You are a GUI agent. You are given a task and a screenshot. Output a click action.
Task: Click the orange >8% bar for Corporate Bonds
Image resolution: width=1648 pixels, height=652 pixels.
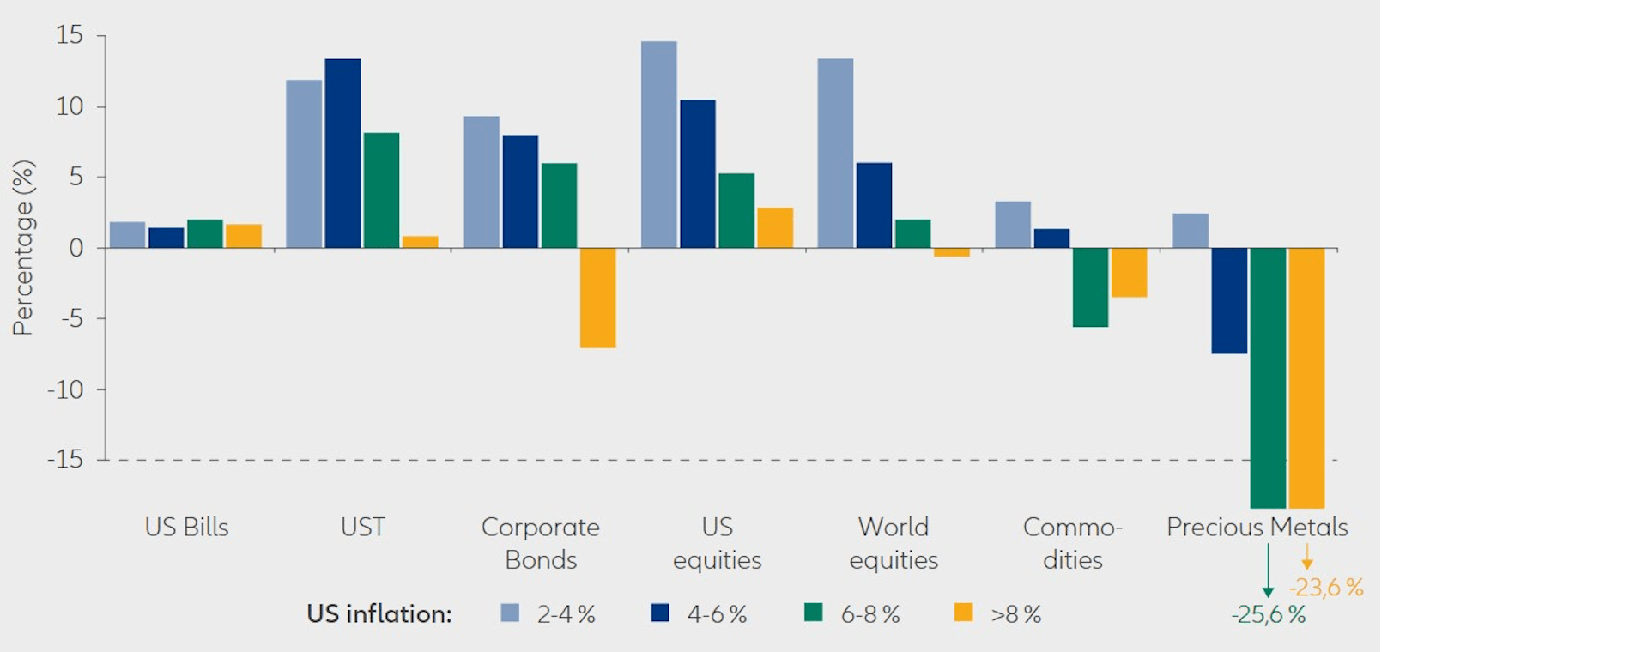click(x=597, y=298)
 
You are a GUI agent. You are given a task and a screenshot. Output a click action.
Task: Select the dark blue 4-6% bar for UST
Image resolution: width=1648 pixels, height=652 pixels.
click(x=342, y=154)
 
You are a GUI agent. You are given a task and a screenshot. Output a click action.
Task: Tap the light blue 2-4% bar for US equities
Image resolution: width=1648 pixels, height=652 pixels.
click(x=658, y=145)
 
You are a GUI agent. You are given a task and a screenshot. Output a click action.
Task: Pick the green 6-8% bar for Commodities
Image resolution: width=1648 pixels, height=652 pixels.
click(x=1090, y=287)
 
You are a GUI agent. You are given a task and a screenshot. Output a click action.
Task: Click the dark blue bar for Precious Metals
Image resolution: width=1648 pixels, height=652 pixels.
click(x=1229, y=300)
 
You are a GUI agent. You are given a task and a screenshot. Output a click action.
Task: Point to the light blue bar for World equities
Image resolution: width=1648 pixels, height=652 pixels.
click(x=835, y=154)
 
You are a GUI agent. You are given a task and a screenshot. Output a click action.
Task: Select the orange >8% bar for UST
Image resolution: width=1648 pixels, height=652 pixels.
click(x=420, y=242)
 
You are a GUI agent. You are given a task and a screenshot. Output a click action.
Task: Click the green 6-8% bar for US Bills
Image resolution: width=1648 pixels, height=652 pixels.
click(x=205, y=234)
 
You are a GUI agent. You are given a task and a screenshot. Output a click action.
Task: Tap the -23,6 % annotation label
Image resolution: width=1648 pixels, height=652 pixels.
click(x=1326, y=588)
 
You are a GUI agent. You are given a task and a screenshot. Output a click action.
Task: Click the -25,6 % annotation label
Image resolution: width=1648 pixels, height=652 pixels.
click(x=1268, y=614)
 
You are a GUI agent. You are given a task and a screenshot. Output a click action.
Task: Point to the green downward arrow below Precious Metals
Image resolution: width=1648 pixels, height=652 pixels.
click(x=1268, y=570)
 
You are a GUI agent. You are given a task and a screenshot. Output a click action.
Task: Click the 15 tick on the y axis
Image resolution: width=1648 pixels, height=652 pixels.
click(x=70, y=35)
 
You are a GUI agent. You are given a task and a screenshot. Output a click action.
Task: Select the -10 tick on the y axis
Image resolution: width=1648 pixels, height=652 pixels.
click(x=65, y=389)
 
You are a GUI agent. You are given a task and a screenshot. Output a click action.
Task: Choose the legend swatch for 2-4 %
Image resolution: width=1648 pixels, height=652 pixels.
click(x=510, y=613)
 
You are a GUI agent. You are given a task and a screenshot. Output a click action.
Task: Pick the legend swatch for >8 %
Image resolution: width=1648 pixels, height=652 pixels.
click(x=964, y=613)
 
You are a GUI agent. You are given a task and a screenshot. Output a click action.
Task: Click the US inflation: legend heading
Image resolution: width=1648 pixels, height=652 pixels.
click(x=379, y=614)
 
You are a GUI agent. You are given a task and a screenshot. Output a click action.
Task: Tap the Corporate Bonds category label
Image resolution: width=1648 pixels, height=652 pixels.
click(x=541, y=543)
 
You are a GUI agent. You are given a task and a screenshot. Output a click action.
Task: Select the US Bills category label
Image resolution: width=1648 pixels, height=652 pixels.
click(x=186, y=527)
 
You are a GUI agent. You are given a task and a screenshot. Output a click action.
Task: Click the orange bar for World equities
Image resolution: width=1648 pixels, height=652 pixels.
click(x=952, y=252)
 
